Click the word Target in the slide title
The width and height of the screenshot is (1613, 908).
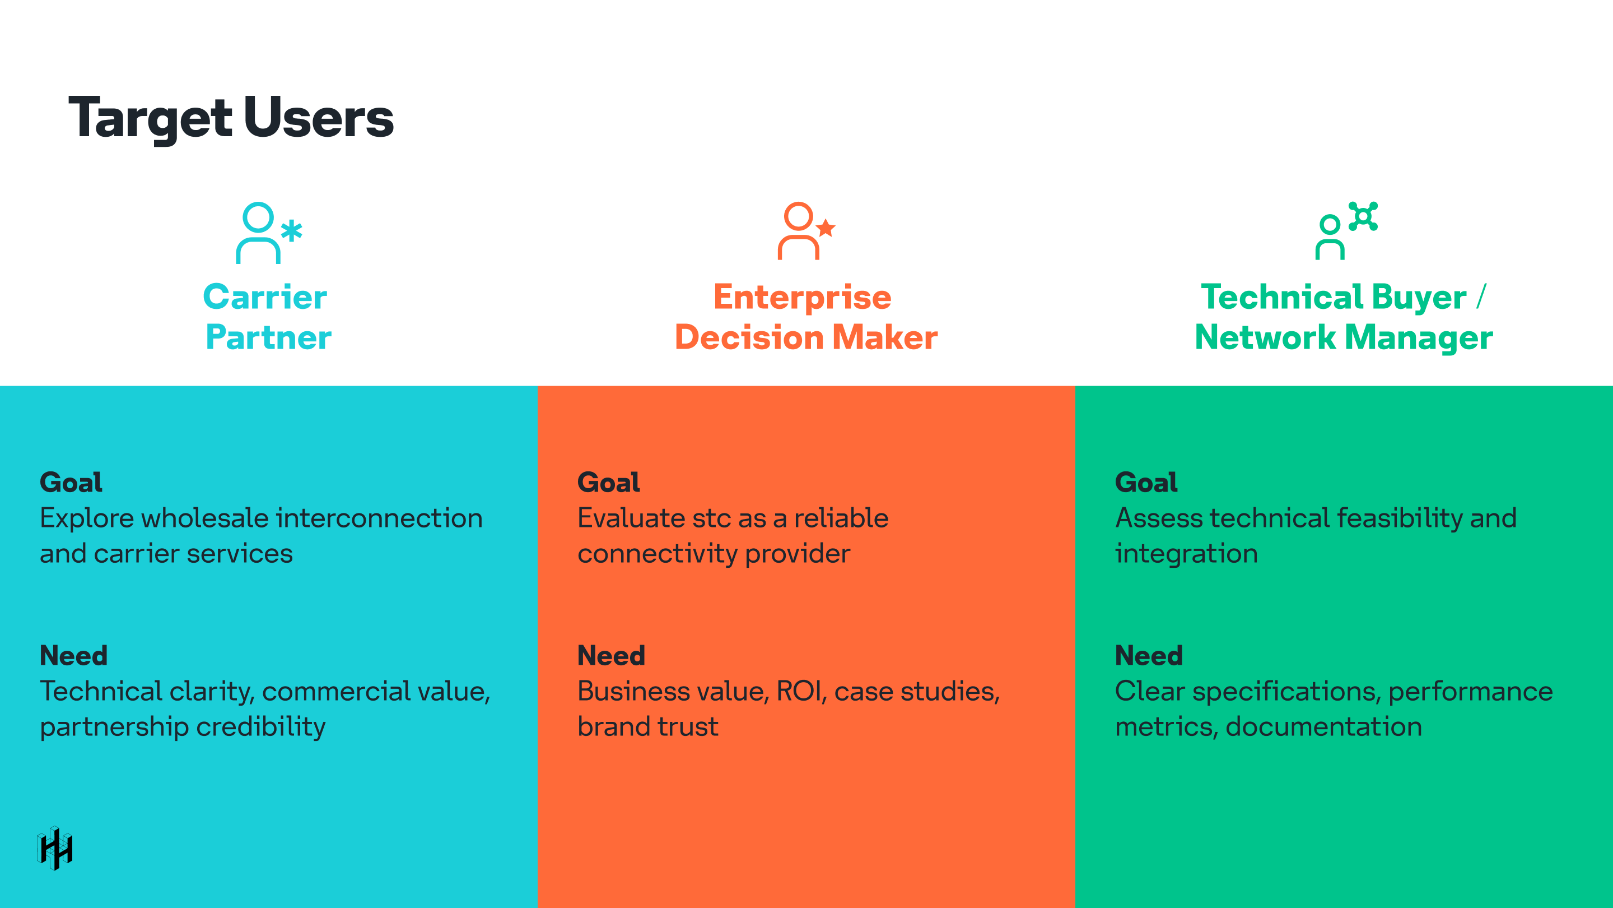click(150, 119)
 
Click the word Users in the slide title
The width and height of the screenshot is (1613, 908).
click(319, 118)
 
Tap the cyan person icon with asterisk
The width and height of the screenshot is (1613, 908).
click(268, 233)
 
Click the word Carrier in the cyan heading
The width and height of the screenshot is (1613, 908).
click(265, 297)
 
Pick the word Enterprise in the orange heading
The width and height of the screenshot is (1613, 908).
click(802, 297)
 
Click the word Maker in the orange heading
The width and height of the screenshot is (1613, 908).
click(884, 338)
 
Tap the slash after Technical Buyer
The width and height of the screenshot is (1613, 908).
click(1481, 297)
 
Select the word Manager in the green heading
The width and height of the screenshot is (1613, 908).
click(1418, 338)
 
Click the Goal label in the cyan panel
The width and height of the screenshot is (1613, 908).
click(71, 483)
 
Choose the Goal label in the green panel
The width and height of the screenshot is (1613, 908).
click(1146, 483)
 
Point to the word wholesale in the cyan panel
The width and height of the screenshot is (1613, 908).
click(205, 519)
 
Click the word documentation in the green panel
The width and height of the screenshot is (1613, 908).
click(1323, 727)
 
